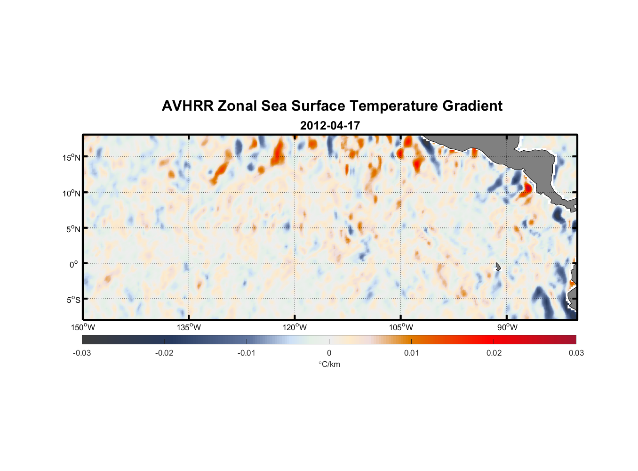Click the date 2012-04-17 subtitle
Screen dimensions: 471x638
pos(330,126)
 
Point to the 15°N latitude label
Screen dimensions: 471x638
pos(72,157)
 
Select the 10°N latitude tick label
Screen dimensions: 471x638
pos(72,193)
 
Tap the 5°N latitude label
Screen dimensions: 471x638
pos(72,229)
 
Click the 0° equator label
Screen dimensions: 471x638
pos(74,264)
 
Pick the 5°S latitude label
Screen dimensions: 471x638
pos(72,300)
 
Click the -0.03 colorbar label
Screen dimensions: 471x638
pos(82,353)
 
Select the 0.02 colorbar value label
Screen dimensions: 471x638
pos(494,353)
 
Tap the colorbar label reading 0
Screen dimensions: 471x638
pos(329,353)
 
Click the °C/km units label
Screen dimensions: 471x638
pos(329,364)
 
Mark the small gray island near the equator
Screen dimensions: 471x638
pos(498,267)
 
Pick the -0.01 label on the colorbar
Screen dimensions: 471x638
pos(247,353)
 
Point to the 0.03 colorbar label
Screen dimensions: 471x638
pos(576,353)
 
